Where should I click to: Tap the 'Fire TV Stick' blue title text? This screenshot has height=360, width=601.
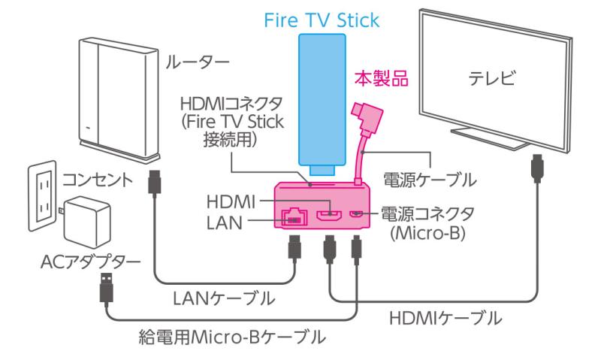tap(322, 20)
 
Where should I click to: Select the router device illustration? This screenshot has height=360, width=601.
tap(119, 101)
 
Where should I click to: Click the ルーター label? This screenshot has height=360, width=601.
tap(198, 62)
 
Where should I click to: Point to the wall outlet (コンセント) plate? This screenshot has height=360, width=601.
tap(43, 195)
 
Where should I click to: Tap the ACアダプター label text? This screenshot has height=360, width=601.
tap(91, 262)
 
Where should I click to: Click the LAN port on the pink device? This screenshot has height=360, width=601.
tap(294, 217)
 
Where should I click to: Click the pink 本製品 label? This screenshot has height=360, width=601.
tap(381, 79)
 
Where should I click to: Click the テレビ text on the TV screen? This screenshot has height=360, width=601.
tap(492, 79)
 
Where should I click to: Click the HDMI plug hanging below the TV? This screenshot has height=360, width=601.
tap(537, 168)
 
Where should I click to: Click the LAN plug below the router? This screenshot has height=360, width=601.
tap(155, 183)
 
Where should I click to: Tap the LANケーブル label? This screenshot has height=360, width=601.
tap(224, 298)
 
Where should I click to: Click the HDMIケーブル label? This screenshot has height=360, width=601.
tap(445, 318)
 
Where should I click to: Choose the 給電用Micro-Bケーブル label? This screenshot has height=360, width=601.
tap(232, 337)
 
